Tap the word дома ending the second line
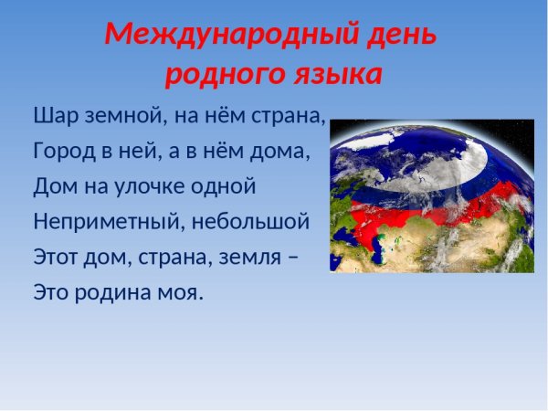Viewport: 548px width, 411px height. (x=279, y=150)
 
